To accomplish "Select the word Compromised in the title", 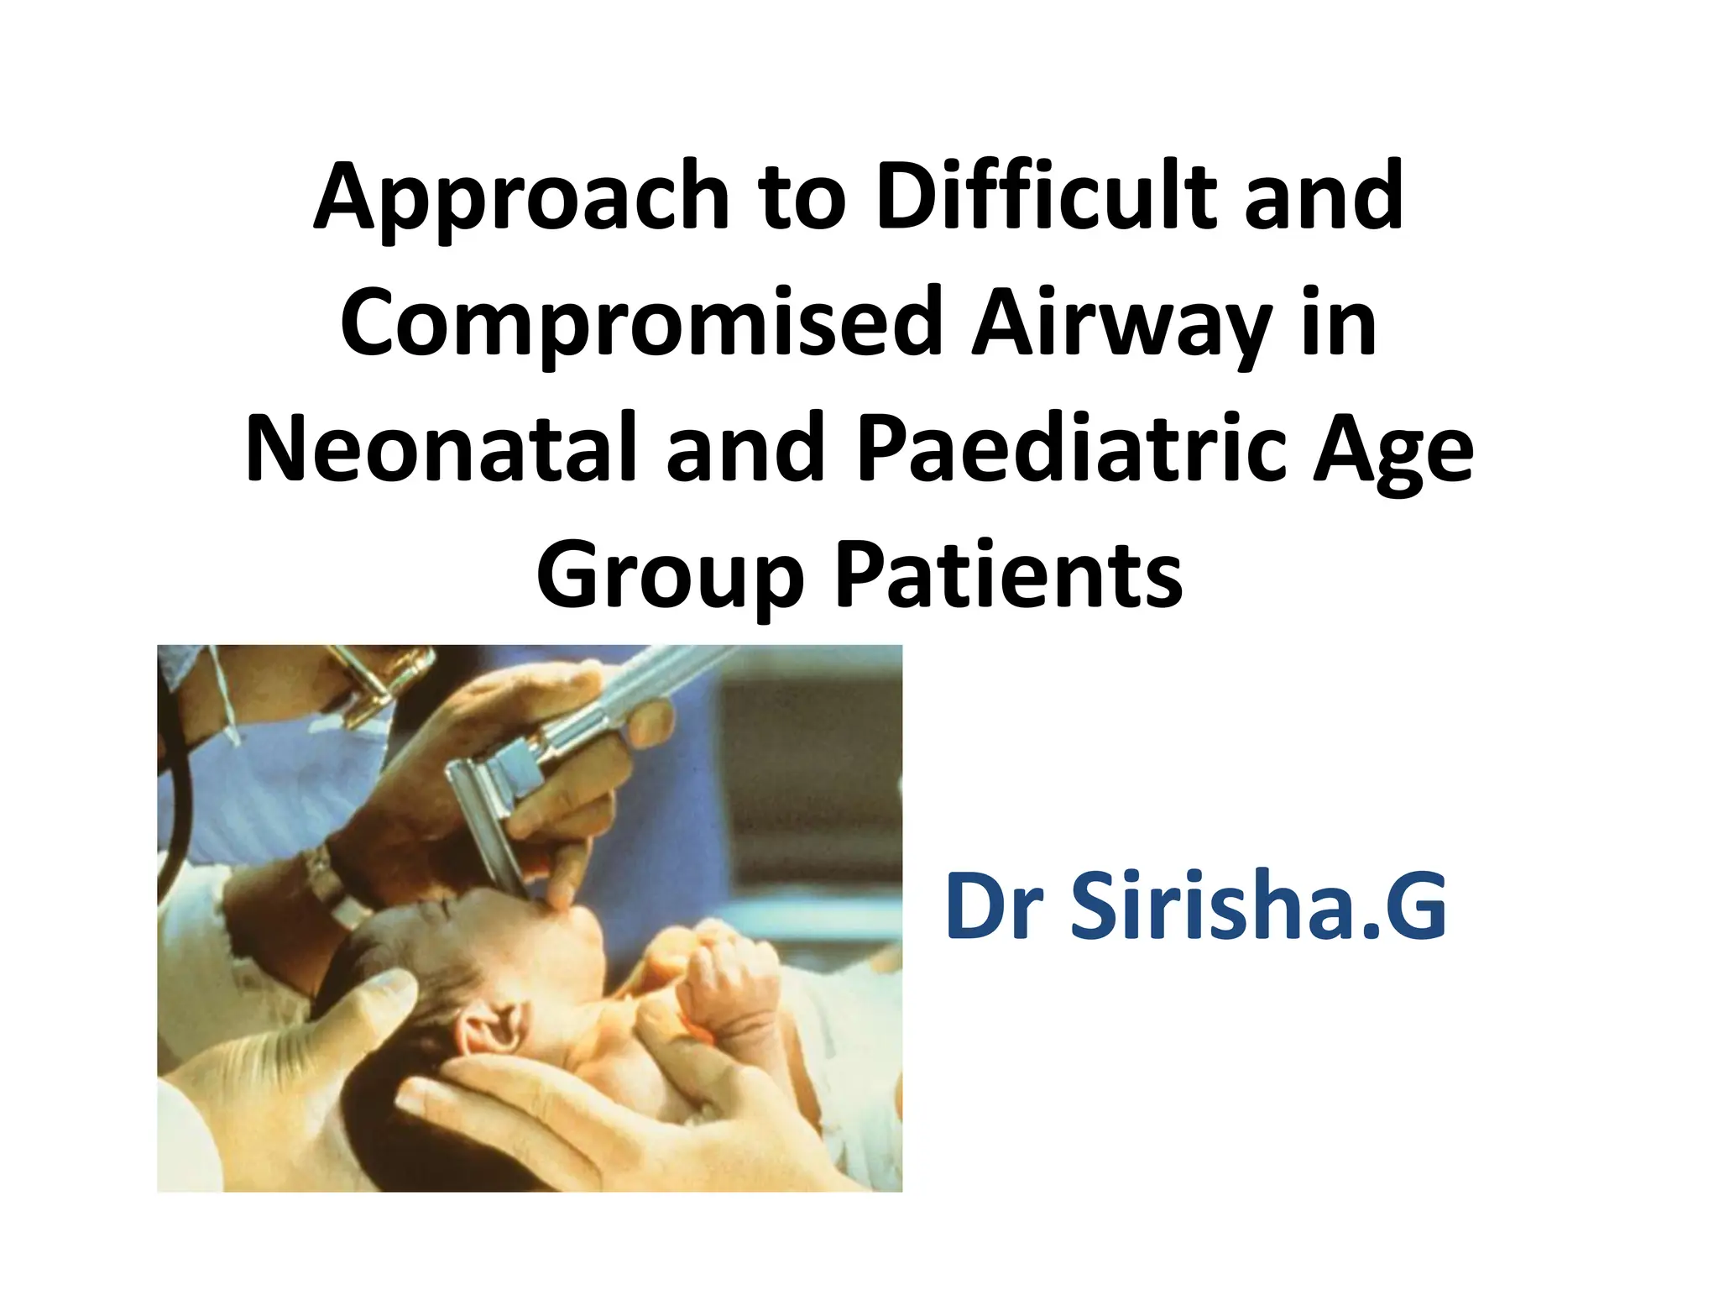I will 642,324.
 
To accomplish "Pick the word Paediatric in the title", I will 1070,448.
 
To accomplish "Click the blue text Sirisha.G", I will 1259,907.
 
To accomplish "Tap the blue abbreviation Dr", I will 995,907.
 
